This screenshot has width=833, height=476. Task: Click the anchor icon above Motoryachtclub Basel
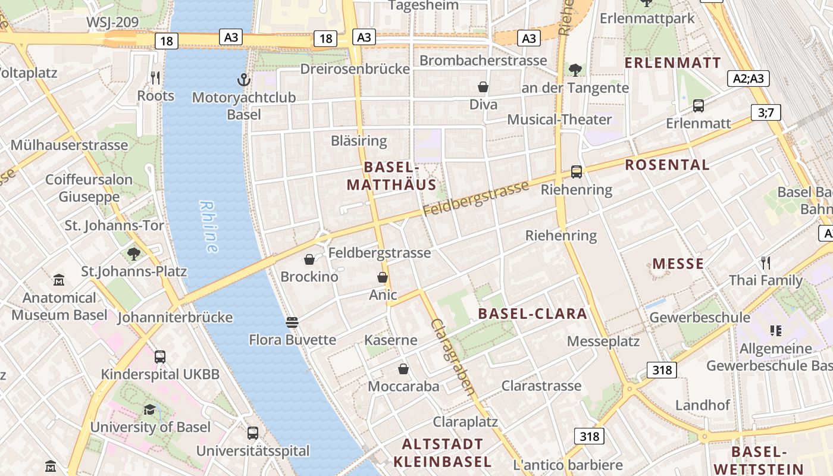pyautogui.click(x=243, y=80)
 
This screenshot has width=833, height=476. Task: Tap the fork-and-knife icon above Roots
pyautogui.click(x=155, y=77)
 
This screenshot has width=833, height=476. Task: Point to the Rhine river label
pyautogui.click(x=209, y=227)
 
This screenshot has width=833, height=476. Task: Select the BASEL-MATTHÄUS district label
pyautogui.click(x=392, y=176)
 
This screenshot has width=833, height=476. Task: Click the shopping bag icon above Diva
pyautogui.click(x=483, y=87)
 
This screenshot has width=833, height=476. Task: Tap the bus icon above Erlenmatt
pyautogui.click(x=699, y=106)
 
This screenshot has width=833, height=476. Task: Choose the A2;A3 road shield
pyautogui.click(x=749, y=79)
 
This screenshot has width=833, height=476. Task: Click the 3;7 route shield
pyautogui.click(x=766, y=112)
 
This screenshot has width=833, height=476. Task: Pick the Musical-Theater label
pyautogui.click(x=559, y=120)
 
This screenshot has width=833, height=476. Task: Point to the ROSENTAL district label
pyautogui.click(x=667, y=165)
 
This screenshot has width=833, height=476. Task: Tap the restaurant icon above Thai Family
pyautogui.click(x=766, y=262)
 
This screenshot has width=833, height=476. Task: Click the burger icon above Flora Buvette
pyautogui.click(x=292, y=322)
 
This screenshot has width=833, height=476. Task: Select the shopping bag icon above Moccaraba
pyautogui.click(x=403, y=369)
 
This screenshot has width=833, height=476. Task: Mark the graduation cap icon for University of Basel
pyautogui.click(x=150, y=409)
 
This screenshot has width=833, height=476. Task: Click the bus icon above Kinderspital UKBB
pyautogui.click(x=160, y=357)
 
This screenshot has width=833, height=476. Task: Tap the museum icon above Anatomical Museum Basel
pyautogui.click(x=59, y=280)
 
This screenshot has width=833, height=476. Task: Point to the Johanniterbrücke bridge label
pyautogui.click(x=175, y=317)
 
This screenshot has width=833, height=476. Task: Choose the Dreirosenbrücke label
pyautogui.click(x=355, y=69)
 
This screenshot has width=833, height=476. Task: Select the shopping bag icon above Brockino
pyautogui.click(x=309, y=259)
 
